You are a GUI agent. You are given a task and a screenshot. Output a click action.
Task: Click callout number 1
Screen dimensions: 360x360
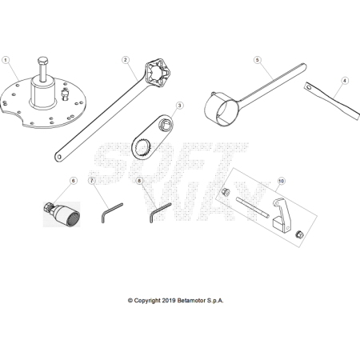click(x=6, y=60)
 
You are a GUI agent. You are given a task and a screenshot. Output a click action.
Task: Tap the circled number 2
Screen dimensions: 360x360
click(x=126, y=60)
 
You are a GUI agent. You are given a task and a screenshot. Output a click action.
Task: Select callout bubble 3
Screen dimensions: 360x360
click(x=179, y=106)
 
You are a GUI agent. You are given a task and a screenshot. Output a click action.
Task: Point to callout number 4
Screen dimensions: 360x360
click(x=345, y=81)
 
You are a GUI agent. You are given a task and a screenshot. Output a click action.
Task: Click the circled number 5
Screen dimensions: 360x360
click(x=257, y=60)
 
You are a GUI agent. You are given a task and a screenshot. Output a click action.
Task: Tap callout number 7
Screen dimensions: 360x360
click(x=92, y=181)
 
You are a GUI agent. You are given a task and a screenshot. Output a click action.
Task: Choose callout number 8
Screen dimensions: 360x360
click(x=139, y=181)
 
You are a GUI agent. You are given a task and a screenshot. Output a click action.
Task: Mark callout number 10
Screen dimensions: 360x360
click(x=281, y=181)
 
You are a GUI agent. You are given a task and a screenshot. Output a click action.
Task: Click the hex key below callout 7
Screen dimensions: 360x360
click(x=110, y=213)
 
